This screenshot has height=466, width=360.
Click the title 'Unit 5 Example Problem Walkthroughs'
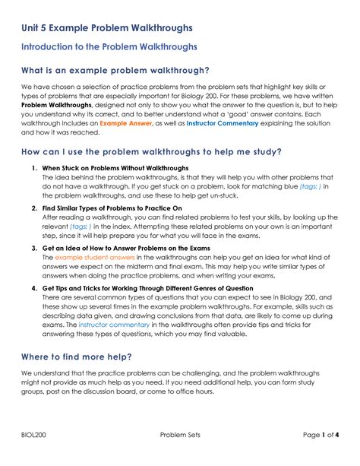point(106,28)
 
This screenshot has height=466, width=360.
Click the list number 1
point(34,168)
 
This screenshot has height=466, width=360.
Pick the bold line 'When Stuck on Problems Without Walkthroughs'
point(115,168)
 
